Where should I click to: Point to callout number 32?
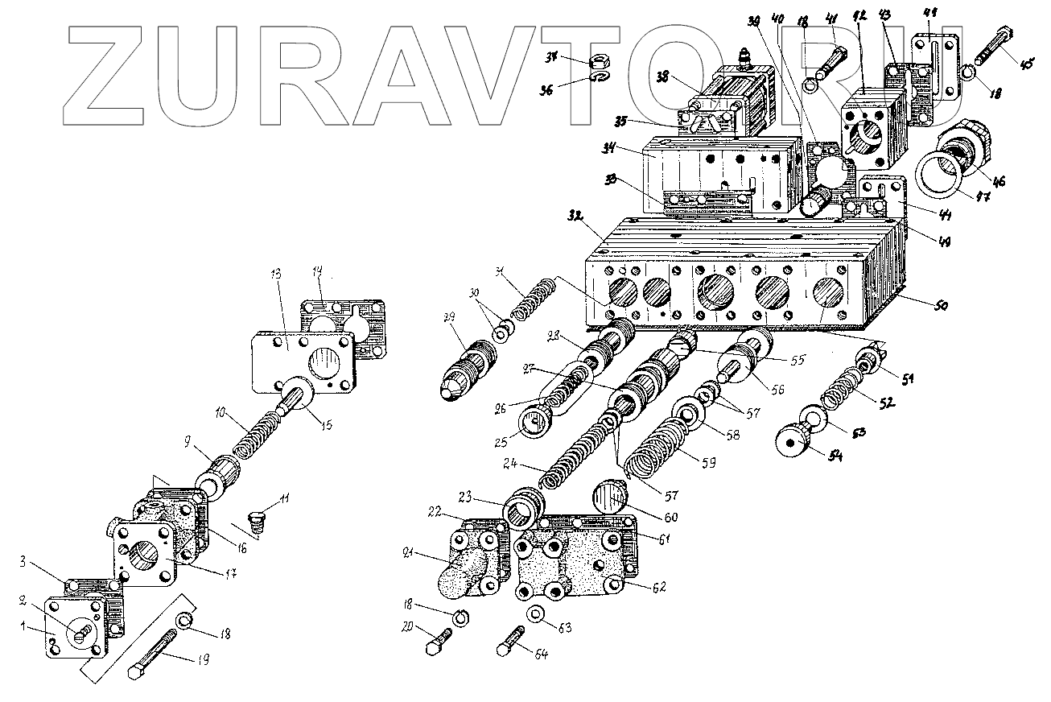[x=572, y=217]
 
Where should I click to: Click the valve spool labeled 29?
[x=465, y=362]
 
